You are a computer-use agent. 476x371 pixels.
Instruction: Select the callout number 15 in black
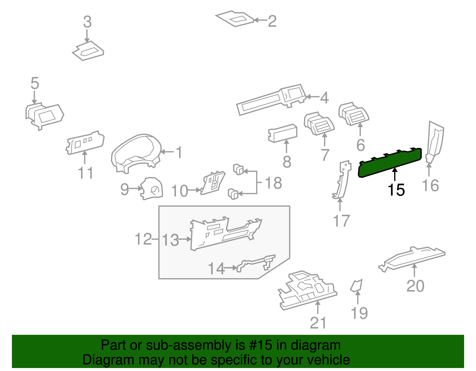pyautogui.click(x=396, y=190)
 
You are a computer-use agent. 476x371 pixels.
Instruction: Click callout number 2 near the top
pyautogui.click(x=272, y=21)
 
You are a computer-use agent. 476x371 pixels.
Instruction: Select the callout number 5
pyautogui.click(x=35, y=83)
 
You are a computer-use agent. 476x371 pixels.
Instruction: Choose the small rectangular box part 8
pyautogui.click(x=283, y=133)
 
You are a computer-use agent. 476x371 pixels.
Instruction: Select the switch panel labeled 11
pyautogui.click(x=85, y=142)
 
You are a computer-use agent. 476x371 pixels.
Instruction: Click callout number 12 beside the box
pyautogui.click(x=143, y=239)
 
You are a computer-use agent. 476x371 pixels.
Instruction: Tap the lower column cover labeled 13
pyautogui.click(x=223, y=235)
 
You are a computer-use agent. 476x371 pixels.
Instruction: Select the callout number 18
pyautogui.click(x=273, y=183)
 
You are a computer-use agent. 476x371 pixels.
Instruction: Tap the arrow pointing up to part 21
pyautogui.click(x=318, y=307)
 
